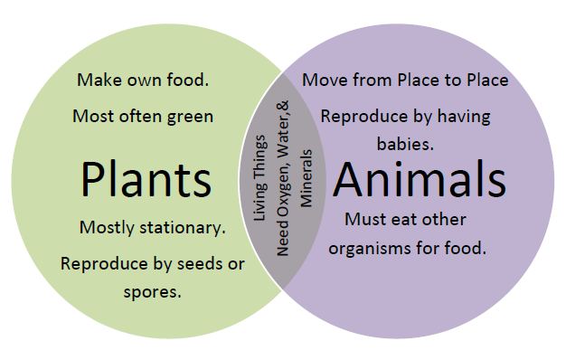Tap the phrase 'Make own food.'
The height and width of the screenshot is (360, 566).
(x=143, y=80)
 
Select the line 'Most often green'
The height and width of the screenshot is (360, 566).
(x=142, y=116)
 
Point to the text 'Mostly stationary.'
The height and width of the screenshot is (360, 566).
(x=152, y=227)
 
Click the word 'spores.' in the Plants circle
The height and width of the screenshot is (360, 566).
(x=152, y=291)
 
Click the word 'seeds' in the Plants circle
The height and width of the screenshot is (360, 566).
(x=199, y=264)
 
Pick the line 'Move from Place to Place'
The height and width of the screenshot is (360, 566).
(x=405, y=80)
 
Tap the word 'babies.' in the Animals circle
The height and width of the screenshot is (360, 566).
(x=406, y=143)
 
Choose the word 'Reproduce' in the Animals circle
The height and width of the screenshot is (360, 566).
(x=360, y=116)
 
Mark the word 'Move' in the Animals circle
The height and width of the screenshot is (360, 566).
(x=323, y=80)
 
